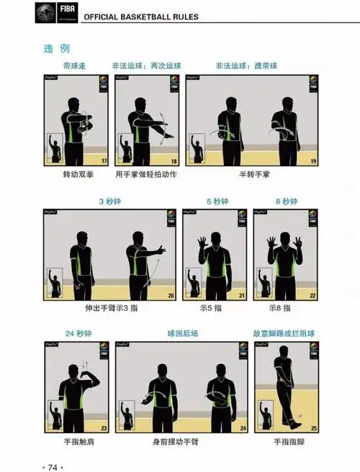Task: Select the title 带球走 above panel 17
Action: pos(76,65)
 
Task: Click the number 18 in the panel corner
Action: pos(174,161)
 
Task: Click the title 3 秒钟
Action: pos(110,201)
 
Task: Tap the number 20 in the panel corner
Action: pos(171,296)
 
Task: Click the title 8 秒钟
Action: pos(287,201)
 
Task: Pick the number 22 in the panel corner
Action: pos(313,296)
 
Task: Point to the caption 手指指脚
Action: pos(287,442)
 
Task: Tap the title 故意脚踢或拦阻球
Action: pos(287,333)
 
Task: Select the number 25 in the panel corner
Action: pos(313,428)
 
